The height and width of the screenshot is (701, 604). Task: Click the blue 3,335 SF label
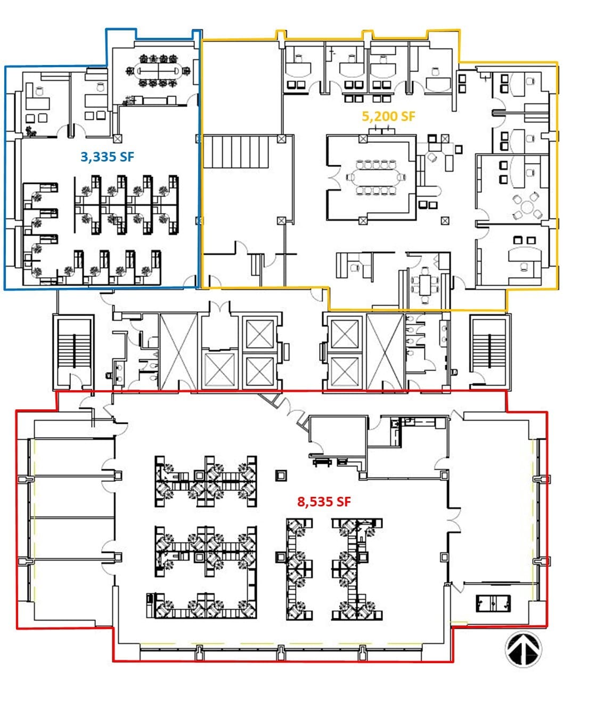(x=107, y=157)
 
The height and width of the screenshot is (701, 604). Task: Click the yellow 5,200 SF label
(x=388, y=116)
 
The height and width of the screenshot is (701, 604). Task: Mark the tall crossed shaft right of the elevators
(x=385, y=351)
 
